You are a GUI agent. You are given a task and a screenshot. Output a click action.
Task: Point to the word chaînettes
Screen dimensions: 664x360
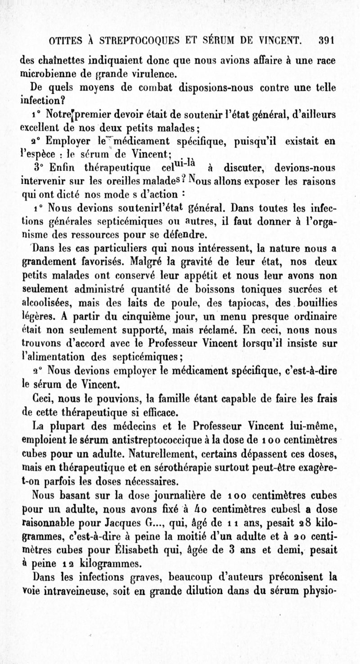pyautogui.click(x=58, y=60)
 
